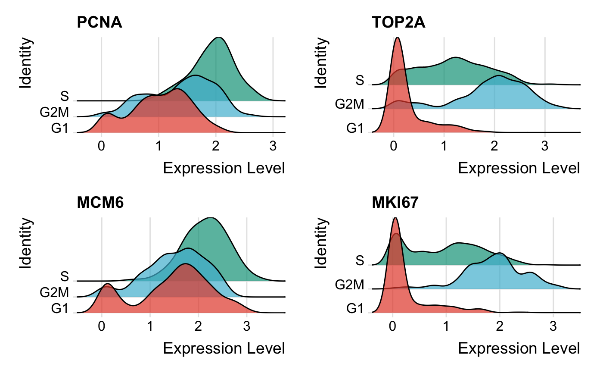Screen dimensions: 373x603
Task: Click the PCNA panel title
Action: click(x=99, y=22)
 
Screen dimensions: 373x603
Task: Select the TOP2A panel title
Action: click(x=398, y=22)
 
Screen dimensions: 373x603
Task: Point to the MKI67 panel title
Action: click(x=395, y=202)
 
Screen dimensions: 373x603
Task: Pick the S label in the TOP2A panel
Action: click(x=360, y=81)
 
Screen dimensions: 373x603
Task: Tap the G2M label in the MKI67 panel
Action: click(x=350, y=285)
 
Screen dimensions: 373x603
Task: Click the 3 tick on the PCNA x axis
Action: click(x=273, y=145)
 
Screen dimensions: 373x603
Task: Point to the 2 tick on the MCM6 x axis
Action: click(x=198, y=326)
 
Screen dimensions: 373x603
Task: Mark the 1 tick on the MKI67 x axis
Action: click(x=446, y=326)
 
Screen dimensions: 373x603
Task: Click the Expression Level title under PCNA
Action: click(x=224, y=168)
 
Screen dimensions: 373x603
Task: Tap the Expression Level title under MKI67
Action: click(x=519, y=348)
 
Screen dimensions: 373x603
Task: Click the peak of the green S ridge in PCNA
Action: click(x=219, y=39)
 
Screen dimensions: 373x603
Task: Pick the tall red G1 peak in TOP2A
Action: click(x=398, y=39)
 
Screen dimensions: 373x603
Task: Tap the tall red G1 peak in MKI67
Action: click(x=395, y=219)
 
